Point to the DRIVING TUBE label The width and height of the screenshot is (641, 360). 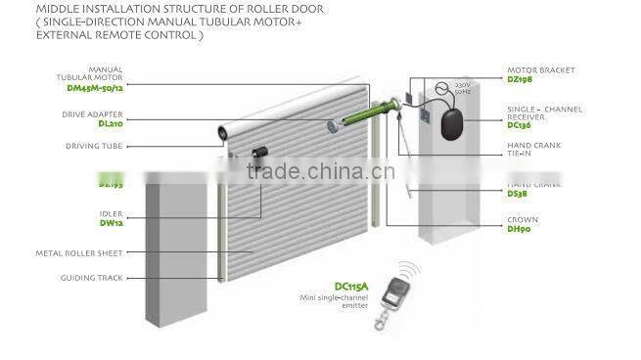[94, 146]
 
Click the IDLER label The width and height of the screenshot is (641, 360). [111, 211]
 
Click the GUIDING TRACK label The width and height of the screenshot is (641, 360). [91, 278]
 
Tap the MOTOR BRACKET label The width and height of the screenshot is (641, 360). [540, 70]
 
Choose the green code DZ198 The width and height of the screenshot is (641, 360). [520, 79]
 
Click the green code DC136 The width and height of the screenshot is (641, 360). [520, 124]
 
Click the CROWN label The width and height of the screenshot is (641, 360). [523, 219]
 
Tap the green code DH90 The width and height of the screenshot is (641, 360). [519, 229]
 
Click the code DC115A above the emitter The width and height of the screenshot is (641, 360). [350, 287]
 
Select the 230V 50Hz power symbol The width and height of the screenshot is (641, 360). [445, 90]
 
